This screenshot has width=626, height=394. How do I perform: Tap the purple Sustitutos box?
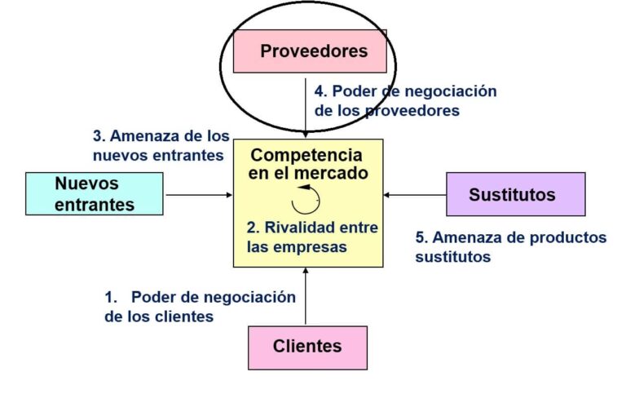click(515, 194)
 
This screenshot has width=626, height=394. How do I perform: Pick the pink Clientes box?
click(307, 347)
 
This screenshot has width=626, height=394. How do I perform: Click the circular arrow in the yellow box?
click(306, 199)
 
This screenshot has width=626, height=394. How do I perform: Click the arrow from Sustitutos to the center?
click(414, 194)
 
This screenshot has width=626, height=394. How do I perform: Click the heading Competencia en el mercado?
click(306, 163)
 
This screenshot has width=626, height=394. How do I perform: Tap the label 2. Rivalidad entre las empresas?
click(313, 237)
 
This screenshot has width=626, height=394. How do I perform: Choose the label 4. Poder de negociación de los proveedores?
click(405, 100)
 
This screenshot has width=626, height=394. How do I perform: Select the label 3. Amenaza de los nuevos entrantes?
click(161, 145)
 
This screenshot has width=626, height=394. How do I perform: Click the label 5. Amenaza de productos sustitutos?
click(511, 246)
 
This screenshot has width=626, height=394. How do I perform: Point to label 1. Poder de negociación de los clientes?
click(201, 306)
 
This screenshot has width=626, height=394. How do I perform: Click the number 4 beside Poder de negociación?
click(320, 91)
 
